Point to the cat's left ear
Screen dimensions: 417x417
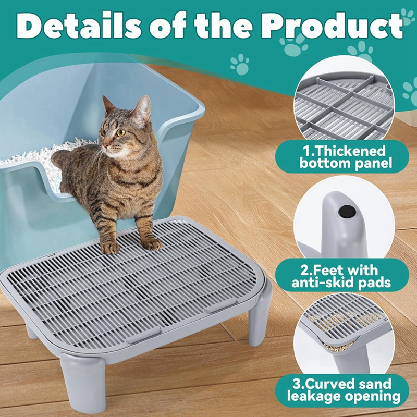pos(142,107)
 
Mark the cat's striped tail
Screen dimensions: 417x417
pos(60,156)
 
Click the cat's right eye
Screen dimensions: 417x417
pos(121,132)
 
